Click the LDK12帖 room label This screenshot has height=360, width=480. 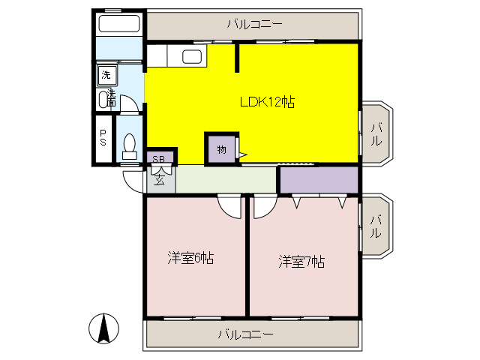point(266,103)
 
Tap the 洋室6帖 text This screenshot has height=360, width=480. point(190,259)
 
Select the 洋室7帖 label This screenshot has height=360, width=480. point(301,262)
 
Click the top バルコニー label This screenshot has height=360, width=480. point(254,24)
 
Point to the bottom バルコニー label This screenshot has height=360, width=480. point(246,334)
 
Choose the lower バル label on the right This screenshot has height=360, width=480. point(376,226)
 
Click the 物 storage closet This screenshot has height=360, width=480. point(222,149)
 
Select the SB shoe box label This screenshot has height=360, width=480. point(159,158)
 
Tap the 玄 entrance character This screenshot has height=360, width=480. point(160,178)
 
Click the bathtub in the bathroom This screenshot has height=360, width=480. point(118,23)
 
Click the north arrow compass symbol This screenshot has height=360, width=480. point(104,328)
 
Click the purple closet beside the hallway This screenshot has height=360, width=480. point(318,180)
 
